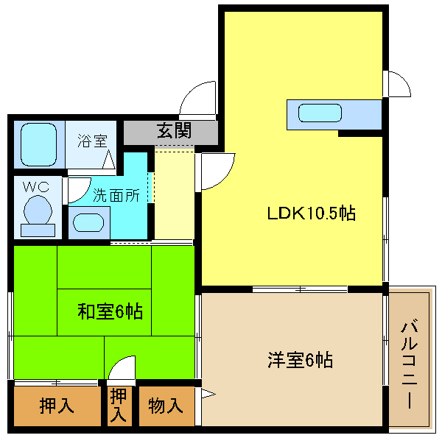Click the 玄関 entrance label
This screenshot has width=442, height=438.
click(x=174, y=131)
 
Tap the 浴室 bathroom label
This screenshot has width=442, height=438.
click(x=93, y=141)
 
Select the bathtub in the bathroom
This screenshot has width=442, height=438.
click(x=39, y=144)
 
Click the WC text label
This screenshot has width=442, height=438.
click(x=36, y=187)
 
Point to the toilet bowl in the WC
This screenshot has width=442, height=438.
click(x=38, y=210)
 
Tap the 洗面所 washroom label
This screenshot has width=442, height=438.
click(x=116, y=195)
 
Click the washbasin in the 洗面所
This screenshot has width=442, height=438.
click(x=88, y=222)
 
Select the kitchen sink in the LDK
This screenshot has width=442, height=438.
click(x=320, y=113)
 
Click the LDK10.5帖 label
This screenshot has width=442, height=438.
click(x=311, y=213)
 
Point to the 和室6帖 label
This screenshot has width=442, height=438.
click(x=110, y=311)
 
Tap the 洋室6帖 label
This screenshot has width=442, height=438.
click(x=301, y=360)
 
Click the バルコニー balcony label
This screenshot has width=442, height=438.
click(x=410, y=364)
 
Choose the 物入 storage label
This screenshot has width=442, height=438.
click(x=166, y=406)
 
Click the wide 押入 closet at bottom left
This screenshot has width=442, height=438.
click(x=57, y=406)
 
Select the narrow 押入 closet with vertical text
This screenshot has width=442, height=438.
click(x=119, y=406)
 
